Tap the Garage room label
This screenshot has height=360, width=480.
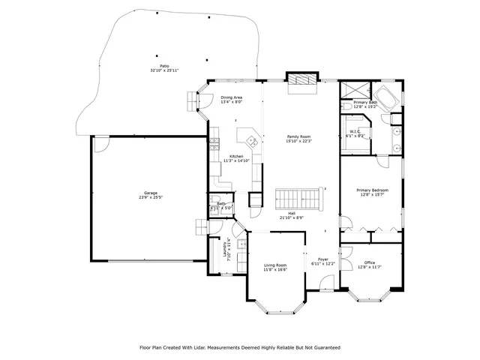point(141,193)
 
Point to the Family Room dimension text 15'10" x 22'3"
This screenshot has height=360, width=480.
point(299,141)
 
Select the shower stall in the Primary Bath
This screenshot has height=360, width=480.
point(352,90)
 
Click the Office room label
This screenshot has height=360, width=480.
point(370,262)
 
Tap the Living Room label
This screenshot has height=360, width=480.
point(275,265)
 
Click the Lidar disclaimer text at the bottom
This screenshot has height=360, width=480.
point(240,347)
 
